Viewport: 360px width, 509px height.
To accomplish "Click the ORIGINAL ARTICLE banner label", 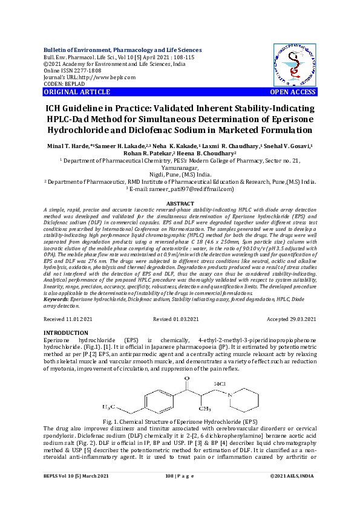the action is [69, 92].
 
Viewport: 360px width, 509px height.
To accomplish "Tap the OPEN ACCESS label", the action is [292, 92].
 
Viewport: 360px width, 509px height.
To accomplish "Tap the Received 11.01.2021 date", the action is [68, 318].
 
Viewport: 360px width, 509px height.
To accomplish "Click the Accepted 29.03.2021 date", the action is [291, 318].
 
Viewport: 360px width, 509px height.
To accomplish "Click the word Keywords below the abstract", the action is [56, 299].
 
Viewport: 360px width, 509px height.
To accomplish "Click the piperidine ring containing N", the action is [255, 397].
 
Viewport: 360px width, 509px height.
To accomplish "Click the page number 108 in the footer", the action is [169, 494].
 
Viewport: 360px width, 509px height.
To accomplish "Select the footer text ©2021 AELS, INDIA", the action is [293, 494].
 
